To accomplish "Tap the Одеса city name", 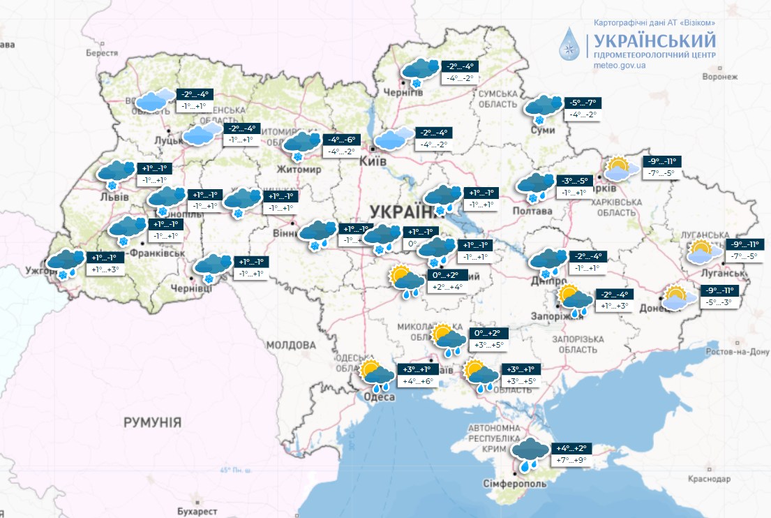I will point(379,397).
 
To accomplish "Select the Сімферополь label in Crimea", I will point(514,483).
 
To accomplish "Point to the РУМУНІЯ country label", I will point(152,422).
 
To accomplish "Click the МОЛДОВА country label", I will point(291,345).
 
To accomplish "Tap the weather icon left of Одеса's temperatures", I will point(378,375).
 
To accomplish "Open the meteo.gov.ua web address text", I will point(619,65).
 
